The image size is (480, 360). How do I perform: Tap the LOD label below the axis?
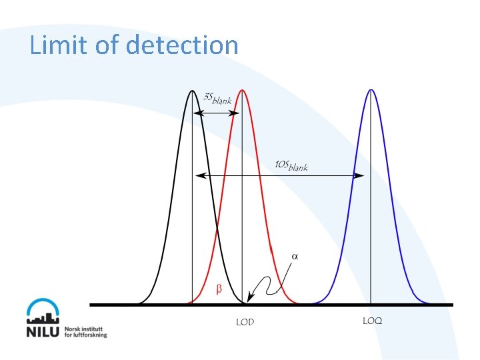tap(245, 322)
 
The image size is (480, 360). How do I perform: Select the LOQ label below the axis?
tap(373, 321)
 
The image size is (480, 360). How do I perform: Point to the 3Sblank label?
tap(217, 99)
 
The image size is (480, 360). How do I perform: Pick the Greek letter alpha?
tap(295, 256)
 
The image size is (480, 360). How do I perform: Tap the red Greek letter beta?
tap(218, 289)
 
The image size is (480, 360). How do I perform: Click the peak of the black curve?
tap(192, 90)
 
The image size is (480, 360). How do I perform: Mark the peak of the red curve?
tap(241, 90)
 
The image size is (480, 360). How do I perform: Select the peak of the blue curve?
tap(370, 90)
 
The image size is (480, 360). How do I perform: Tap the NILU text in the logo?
tap(44, 331)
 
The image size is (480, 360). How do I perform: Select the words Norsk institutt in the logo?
tap(85, 328)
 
